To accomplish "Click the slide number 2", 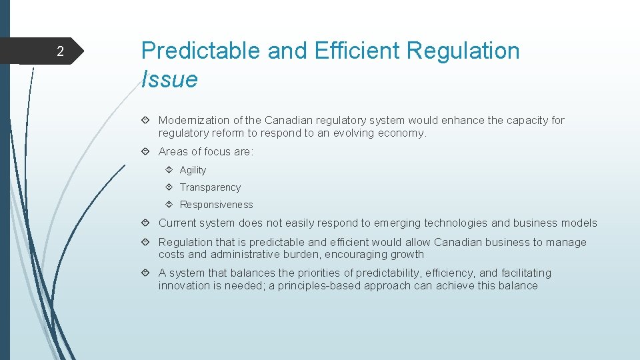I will (60, 52).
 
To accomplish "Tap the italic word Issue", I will (169, 79).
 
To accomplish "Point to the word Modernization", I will (193, 121).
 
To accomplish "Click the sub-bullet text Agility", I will (193, 170).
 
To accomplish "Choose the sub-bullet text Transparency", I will (210, 187).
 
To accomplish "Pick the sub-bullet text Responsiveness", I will (216, 205).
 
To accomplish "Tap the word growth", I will (407, 255).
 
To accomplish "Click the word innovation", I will (184, 285).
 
